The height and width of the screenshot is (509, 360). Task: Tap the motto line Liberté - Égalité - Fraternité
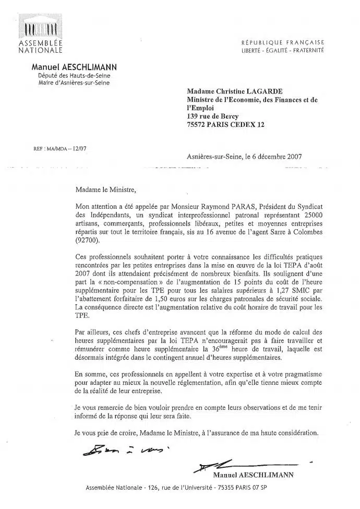coord(282,50)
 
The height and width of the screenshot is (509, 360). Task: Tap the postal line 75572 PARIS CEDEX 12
coord(225,124)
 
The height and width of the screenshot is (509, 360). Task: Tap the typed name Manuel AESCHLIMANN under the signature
coord(254,475)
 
